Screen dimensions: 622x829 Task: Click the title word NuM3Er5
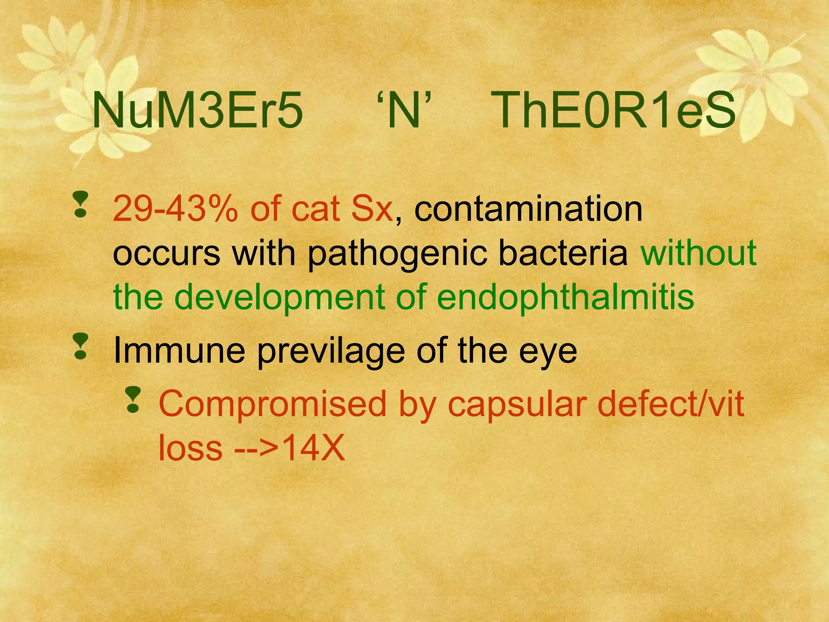coord(198,111)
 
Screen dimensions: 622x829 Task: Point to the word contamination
coord(528,209)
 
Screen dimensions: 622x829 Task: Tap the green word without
coord(699,253)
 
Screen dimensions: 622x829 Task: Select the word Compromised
coord(272,405)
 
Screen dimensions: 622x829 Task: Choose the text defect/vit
coord(670,404)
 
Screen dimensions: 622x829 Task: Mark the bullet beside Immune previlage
coord(81,347)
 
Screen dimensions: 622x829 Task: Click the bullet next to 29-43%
coord(81,205)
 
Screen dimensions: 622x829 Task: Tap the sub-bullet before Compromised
coord(132,400)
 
